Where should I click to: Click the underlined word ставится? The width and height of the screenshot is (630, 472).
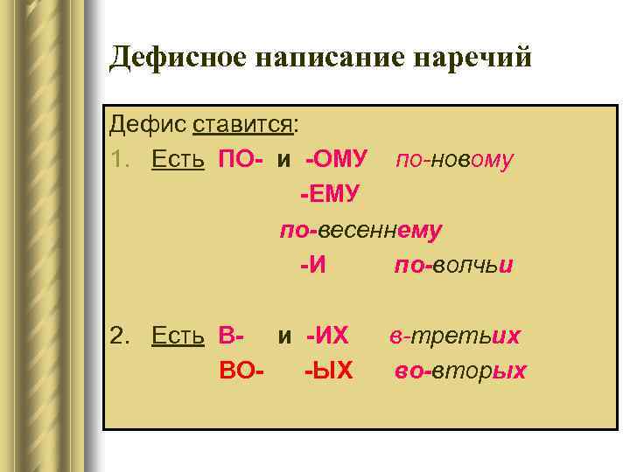pos(242,124)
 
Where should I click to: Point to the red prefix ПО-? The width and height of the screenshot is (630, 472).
pos(242,159)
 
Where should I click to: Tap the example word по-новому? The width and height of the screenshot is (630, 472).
pos(454,159)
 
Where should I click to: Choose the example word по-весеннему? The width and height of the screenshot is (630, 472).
pos(360,230)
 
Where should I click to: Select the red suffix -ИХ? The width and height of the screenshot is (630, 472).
pos(327,336)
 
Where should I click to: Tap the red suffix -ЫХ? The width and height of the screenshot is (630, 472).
pos(329,371)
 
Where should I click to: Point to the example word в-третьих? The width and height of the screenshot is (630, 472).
pos(455,336)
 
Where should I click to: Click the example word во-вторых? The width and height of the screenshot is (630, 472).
pos(460,371)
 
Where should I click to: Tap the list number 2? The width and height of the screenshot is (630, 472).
pos(119,336)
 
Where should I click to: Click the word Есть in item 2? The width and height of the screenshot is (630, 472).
pos(178,336)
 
